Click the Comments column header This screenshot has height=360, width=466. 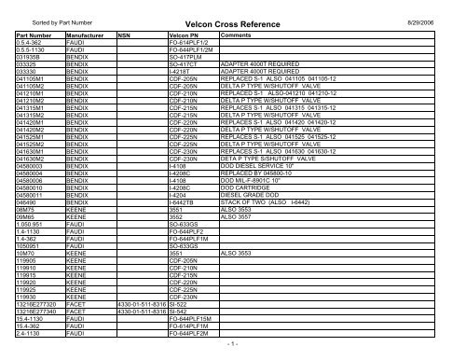234,44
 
